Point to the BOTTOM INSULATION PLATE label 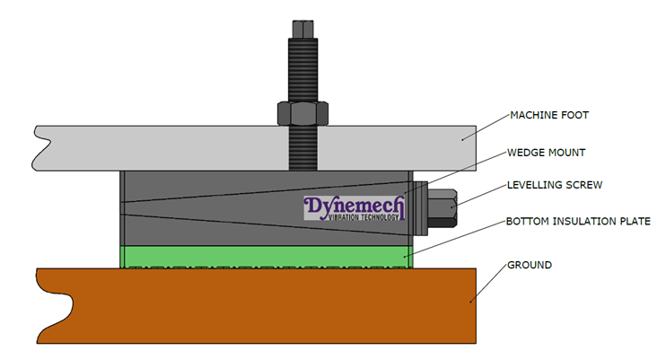577,220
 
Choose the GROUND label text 530,265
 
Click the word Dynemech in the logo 355,206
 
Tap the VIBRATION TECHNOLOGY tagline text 355,220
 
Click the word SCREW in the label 581,185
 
